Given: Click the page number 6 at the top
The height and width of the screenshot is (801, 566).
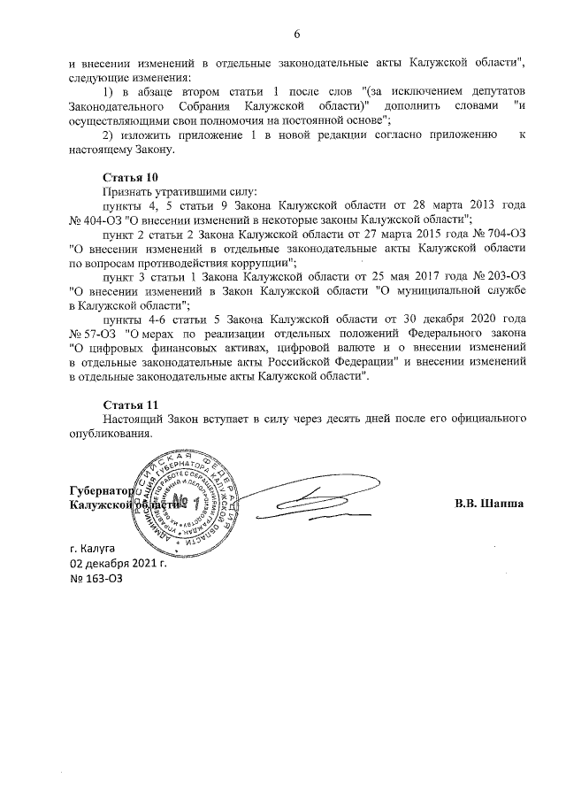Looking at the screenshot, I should (296, 34).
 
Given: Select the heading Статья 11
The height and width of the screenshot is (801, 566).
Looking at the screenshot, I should (130, 404).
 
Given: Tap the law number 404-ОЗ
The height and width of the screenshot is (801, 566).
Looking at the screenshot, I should (96, 219).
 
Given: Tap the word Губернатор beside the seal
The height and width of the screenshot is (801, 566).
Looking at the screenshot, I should (100, 490).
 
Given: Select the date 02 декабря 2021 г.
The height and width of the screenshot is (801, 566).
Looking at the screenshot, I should (118, 563).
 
